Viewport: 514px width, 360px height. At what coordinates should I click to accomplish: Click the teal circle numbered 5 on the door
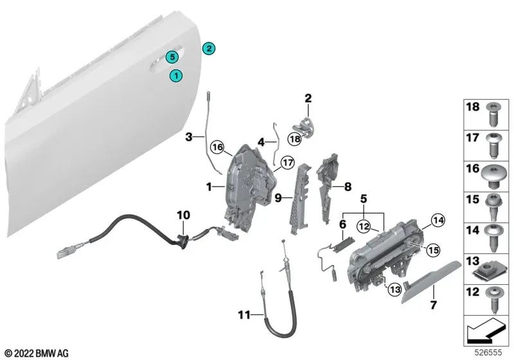click(172, 57)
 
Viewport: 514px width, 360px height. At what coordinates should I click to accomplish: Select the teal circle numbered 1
click(175, 76)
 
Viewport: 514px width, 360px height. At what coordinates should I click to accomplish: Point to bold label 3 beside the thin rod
click(189, 137)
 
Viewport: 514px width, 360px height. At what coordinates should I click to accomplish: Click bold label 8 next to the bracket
click(347, 188)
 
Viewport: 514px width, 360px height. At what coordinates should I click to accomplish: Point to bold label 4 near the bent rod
click(261, 141)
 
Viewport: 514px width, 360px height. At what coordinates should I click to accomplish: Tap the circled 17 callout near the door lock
click(287, 163)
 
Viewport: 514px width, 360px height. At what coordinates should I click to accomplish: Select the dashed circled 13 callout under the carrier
click(393, 290)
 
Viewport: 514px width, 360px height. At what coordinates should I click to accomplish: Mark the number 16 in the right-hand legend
click(474, 169)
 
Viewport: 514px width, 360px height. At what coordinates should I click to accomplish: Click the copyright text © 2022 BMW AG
click(37, 353)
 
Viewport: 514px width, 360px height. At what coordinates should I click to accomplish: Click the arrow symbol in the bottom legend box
click(486, 332)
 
